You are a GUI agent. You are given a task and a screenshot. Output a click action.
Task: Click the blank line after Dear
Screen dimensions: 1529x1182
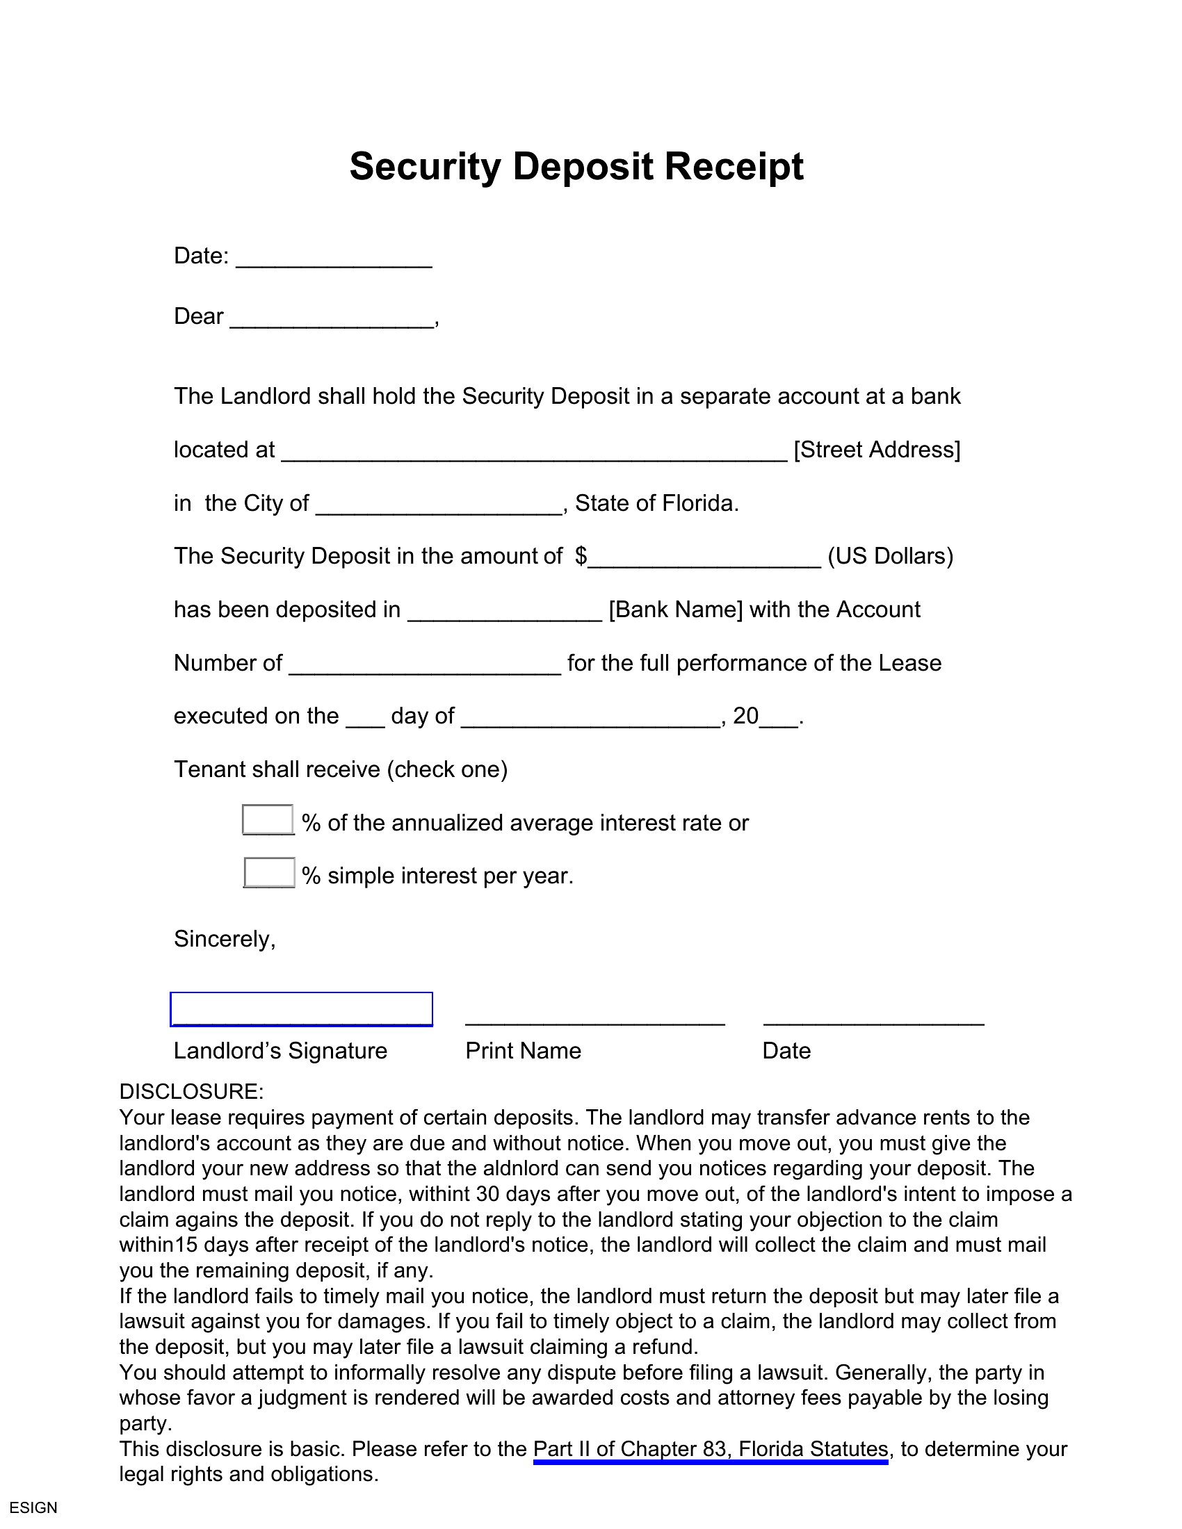point(331,320)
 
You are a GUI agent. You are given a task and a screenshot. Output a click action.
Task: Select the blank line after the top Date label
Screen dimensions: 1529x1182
point(334,260)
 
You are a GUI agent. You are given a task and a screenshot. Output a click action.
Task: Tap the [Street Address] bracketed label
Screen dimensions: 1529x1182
point(876,450)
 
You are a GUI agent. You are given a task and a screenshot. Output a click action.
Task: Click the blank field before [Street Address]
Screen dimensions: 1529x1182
point(534,454)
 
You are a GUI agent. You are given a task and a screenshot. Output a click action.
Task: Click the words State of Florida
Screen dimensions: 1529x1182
point(656,503)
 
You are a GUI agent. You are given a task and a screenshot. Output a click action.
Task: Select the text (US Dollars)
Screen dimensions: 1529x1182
point(890,556)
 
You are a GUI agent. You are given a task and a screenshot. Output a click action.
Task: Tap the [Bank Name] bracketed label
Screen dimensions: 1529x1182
point(675,610)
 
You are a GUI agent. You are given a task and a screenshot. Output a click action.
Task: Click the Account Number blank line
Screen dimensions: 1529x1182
point(424,667)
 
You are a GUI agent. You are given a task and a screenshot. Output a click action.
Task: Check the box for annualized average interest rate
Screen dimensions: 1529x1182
point(268,820)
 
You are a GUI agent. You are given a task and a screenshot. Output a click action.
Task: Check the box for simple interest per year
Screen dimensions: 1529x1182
point(269,873)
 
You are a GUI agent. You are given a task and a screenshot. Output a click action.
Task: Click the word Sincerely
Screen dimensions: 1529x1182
point(224,939)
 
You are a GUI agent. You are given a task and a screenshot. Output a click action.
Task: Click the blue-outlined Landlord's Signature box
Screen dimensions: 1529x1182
point(301,1010)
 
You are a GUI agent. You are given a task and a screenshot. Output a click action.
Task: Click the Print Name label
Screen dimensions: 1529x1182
point(523,1051)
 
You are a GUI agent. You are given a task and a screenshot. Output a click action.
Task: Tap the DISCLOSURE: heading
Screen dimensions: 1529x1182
point(191,1091)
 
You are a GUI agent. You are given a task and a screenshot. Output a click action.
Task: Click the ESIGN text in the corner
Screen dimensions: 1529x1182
point(33,1507)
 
